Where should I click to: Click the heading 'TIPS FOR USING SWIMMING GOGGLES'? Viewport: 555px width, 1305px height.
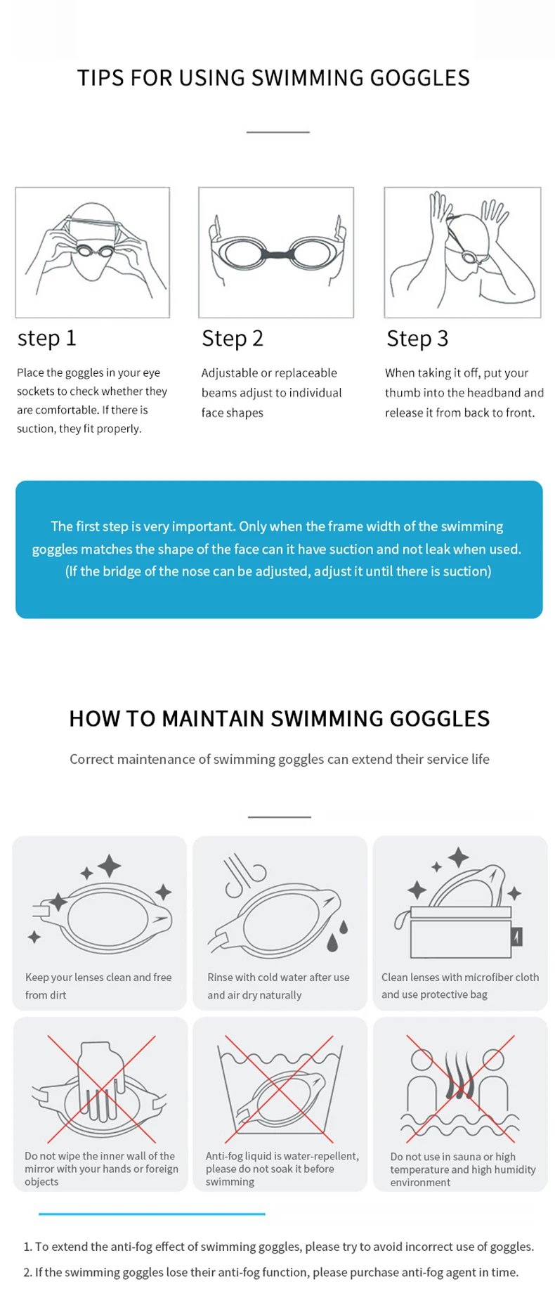tap(273, 77)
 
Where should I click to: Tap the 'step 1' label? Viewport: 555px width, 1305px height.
tap(46, 338)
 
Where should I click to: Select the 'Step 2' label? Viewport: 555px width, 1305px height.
tap(232, 338)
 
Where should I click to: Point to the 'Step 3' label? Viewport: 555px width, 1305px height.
tap(417, 338)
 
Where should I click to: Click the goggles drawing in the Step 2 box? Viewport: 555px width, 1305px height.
tap(276, 251)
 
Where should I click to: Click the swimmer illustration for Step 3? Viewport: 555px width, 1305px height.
tap(462, 252)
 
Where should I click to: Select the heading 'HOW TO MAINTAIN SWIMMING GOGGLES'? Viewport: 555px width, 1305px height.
tap(279, 718)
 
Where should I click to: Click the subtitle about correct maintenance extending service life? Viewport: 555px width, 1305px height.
tap(279, 759)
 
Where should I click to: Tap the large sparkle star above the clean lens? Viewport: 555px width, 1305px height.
tap(109, 866)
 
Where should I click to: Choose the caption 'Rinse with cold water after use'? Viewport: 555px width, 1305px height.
tap(278, 978)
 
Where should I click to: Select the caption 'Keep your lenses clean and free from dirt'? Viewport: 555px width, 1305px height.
tap(98, 986)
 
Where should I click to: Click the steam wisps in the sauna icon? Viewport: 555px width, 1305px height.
tap(460, 1075)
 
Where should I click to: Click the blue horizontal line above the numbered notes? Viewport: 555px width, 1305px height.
tap(152, 1214)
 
